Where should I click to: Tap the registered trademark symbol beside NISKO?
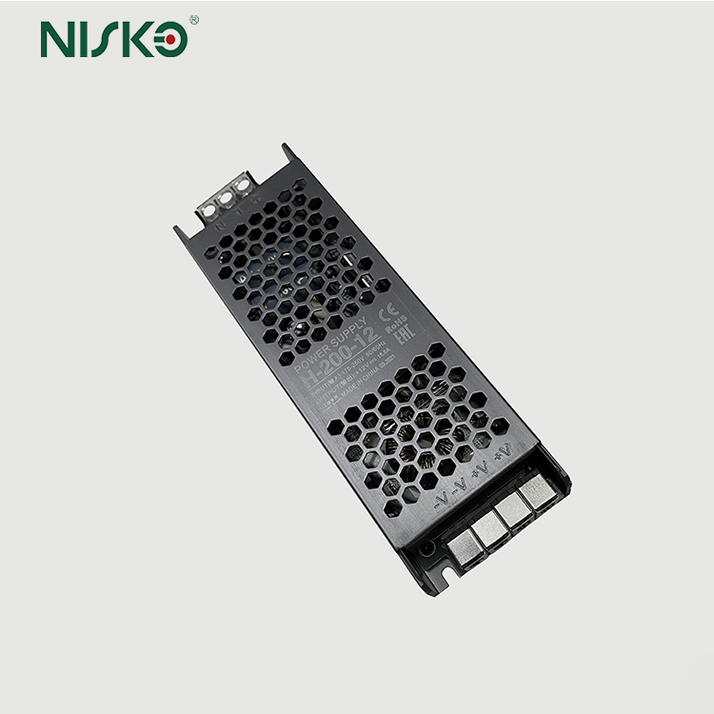194,19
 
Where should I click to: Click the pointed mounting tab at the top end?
290,152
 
